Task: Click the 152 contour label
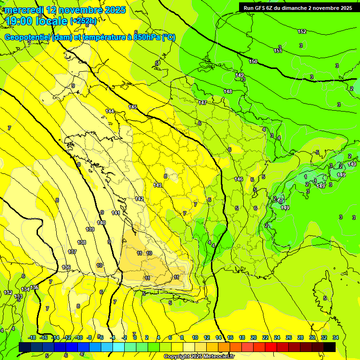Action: point(302,31)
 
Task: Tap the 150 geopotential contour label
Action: point(253,61)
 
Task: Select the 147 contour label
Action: point(202,103)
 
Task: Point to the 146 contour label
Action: point(239,179)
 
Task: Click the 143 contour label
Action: point(158,185)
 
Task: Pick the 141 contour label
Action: point(116,213)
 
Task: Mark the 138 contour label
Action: point(82,242)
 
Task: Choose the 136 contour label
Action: point(66,268)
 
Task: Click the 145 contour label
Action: point(133,107)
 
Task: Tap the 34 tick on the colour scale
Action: point(335,337)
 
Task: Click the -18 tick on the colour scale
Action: point(31,337)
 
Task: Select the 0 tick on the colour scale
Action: point(135,337)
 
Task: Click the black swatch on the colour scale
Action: point(330,347)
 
